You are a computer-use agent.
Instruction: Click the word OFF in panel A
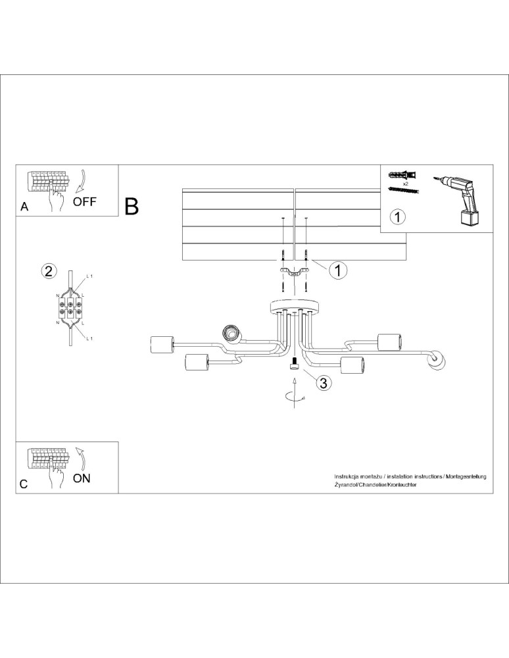coord(84,201)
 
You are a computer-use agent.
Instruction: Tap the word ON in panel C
coord(82,478)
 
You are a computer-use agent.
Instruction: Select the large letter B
coord(132,207)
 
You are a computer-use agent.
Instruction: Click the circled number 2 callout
coord(48,270)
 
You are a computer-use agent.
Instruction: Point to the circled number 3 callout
coord(322,383)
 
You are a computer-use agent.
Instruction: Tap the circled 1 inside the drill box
coord(397,216)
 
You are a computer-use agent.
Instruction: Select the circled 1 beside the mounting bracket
coord(337,270)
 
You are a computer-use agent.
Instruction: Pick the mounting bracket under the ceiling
coord(294,271)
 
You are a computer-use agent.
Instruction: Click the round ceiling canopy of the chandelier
coord(293,308)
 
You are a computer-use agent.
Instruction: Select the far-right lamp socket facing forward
coord(437,361)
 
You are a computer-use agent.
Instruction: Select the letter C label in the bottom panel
coord(24,484)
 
